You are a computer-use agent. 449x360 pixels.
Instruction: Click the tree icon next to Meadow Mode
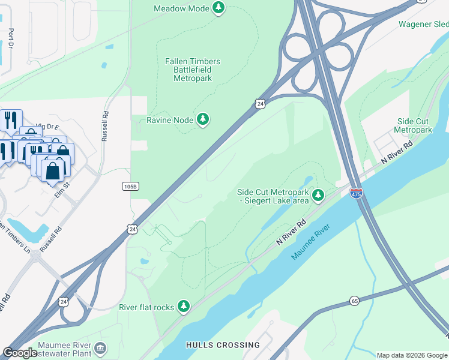point(220,8)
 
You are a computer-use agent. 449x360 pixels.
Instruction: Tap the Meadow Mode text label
point(181,8)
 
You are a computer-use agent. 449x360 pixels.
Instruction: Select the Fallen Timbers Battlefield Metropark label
point(192,70)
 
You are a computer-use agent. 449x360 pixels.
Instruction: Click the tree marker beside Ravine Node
point(203,120)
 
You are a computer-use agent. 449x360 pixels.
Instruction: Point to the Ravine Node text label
point(170,120)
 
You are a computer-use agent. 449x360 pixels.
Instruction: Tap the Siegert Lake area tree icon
point(318,196)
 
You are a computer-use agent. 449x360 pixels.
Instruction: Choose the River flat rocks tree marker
point(184,307)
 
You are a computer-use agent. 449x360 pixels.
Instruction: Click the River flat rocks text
point(146,307)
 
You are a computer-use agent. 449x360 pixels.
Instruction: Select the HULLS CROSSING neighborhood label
point(223,345)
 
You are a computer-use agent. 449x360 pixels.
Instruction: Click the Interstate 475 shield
point(357,193)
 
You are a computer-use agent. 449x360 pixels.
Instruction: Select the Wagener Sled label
point(423,24)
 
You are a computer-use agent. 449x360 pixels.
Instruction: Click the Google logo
point(20,353)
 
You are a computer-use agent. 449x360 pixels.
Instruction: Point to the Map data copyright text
point(412,355)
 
